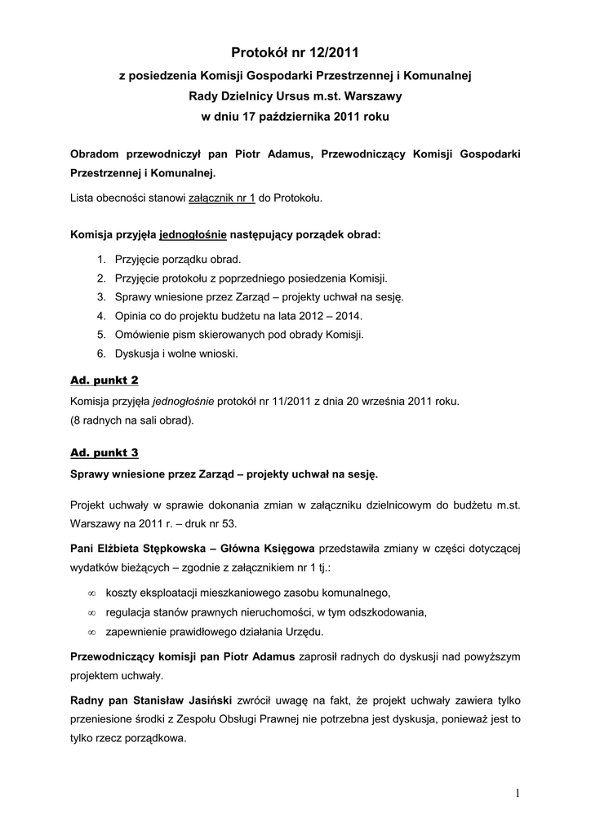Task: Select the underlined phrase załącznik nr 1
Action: coord(222,198)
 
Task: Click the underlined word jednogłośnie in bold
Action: coord(193,234)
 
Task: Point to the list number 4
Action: coord(100,316)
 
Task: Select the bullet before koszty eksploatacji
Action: coord(92,594)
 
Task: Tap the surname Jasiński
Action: coord(205,701)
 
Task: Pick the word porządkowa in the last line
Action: coord(153,740)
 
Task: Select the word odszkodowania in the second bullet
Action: coord(387,612)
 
